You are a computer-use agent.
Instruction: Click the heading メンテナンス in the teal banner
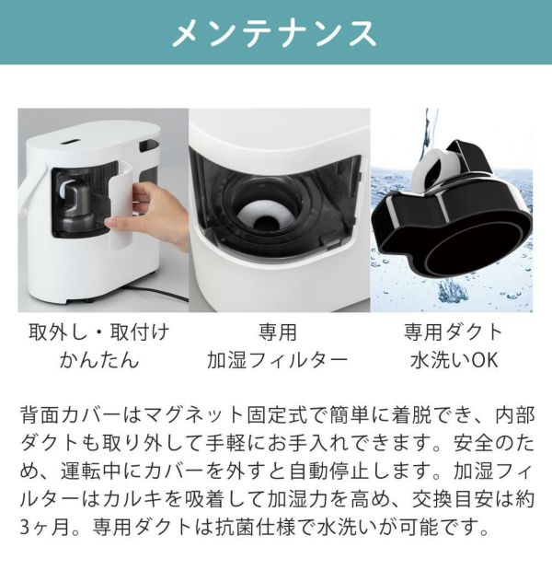[x=275, y=33]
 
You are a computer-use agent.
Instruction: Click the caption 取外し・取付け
[x=99, y=332]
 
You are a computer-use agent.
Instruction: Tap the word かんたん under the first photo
[x=99, y=360]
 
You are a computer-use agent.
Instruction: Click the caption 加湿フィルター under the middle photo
[x=277, y=360]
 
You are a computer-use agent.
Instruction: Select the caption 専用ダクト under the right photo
[x=453, y=332]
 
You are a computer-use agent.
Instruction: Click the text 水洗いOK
[x=454, y=360]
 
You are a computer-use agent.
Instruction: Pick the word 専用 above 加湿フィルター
[x=278, y=332]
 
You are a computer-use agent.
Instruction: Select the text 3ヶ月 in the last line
[x=44, y=528]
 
